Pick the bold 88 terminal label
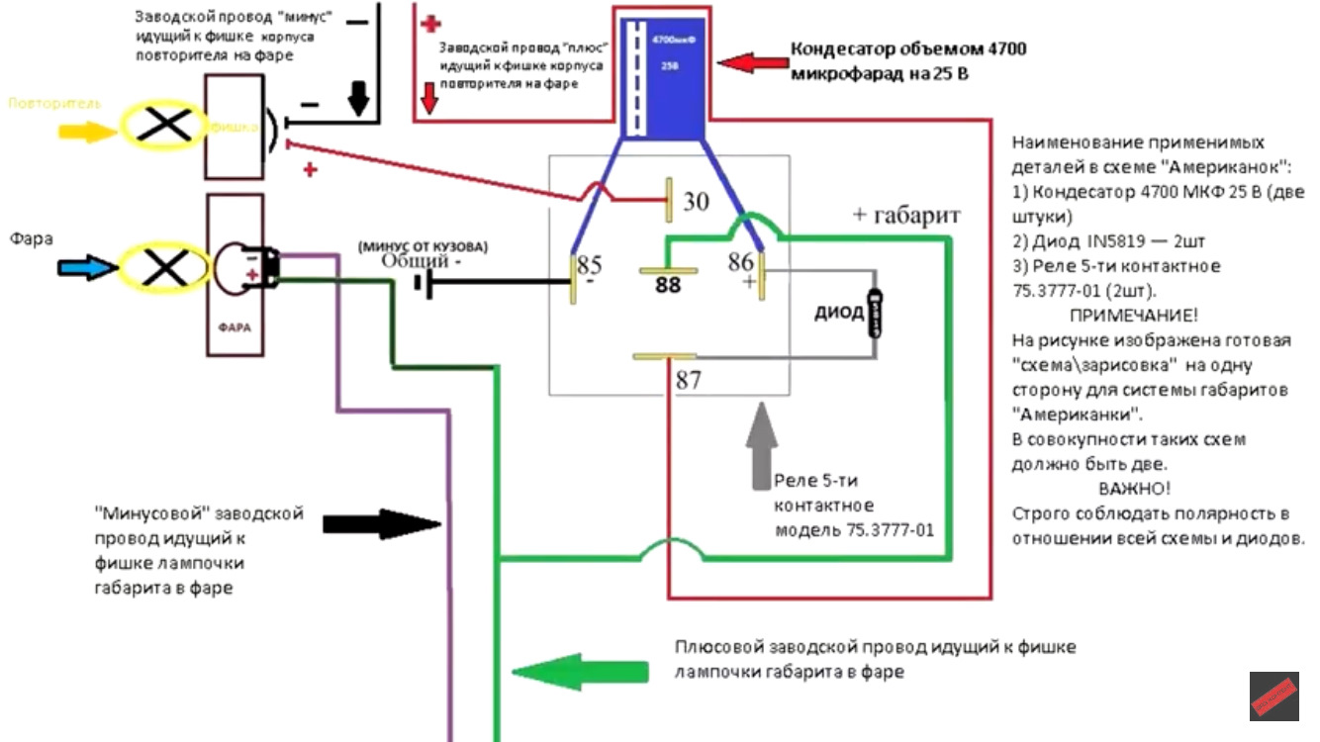click(x=668, y=285)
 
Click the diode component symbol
click(x=875, y=314)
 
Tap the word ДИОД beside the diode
click(x=839, y=315)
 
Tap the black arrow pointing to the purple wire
click(x=381, y=523)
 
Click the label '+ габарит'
click(x=907, y=215)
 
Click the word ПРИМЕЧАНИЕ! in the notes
click(x=1133, y=316)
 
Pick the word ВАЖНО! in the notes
click(x=1134, y=489)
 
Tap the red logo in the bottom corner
click(x=1273, y=696)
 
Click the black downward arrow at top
click(x=359, y=97)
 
